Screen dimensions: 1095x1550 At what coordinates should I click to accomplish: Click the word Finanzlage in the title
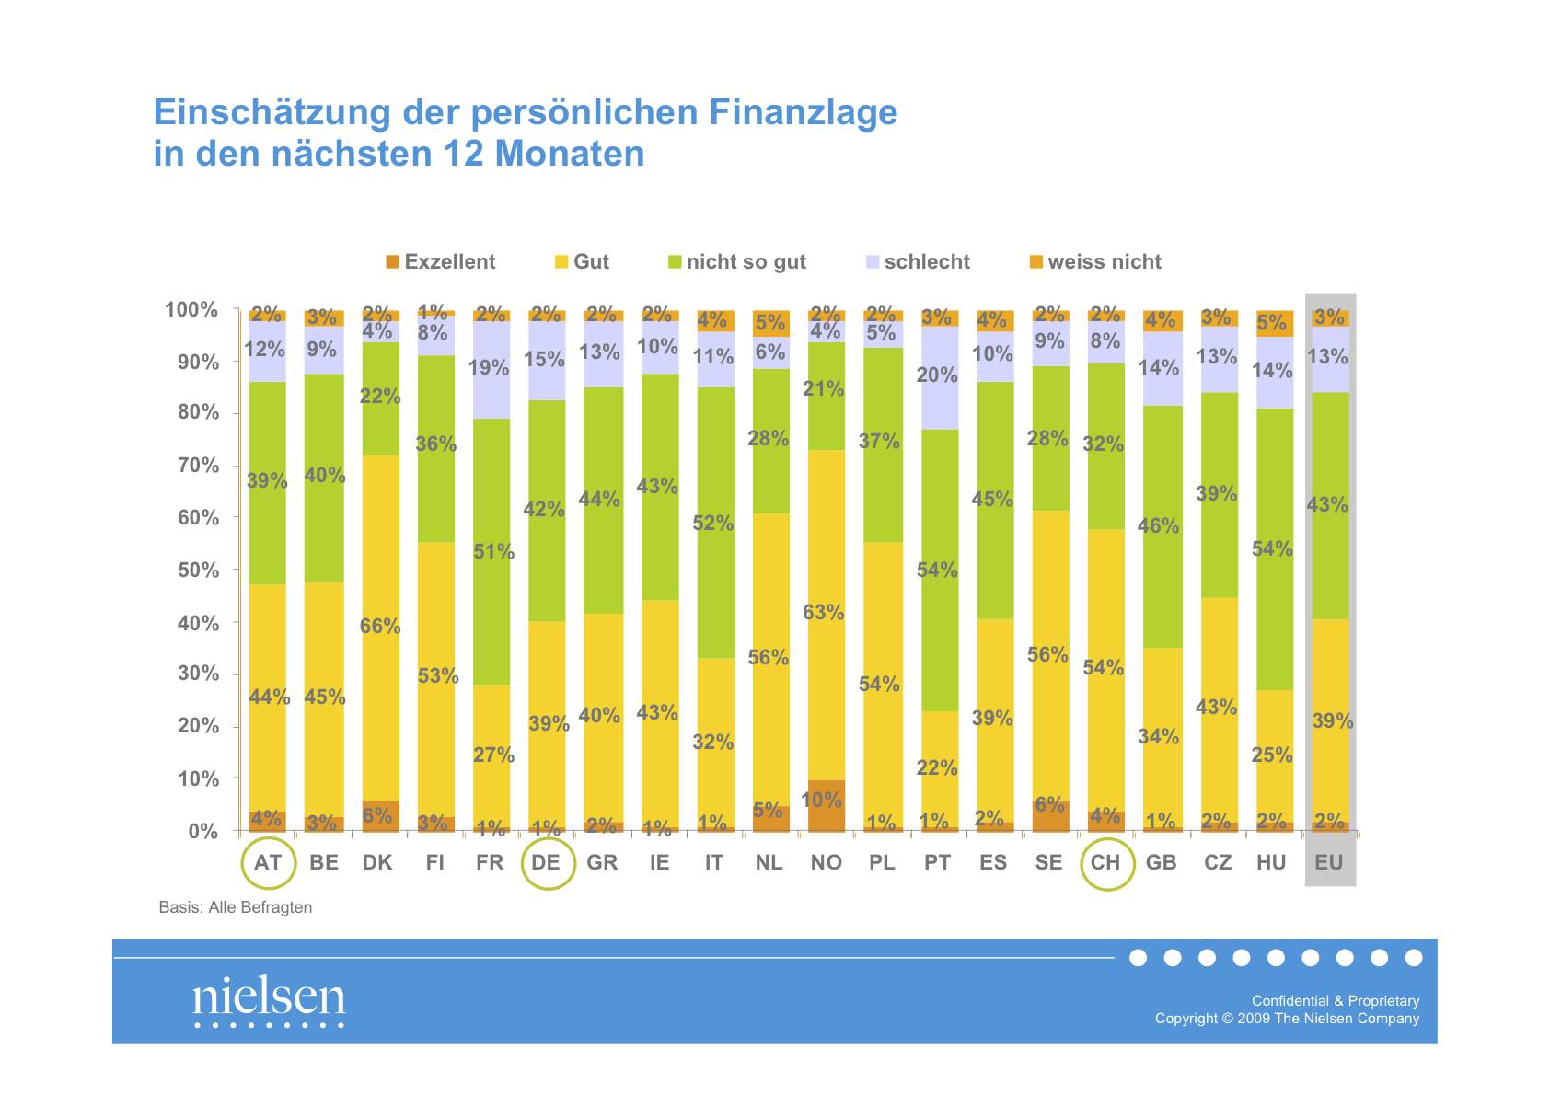803,112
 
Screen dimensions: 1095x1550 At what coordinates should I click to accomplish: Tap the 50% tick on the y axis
198,571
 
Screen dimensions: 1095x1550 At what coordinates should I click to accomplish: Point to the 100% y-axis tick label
191,310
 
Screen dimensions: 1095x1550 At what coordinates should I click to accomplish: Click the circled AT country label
268,863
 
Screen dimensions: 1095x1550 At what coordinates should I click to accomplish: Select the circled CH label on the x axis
1105,863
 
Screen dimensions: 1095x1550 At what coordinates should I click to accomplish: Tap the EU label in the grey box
1329,863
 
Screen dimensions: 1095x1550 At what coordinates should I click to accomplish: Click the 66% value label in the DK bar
380,627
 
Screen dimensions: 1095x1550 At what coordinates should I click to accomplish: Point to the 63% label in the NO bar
824,613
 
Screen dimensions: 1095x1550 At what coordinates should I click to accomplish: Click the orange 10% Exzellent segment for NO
826,806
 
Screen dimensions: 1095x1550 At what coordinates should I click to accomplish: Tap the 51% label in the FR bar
494,552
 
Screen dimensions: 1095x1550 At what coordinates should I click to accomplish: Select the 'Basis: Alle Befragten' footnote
236,907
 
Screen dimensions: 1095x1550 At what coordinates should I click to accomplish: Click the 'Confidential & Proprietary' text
1335,1001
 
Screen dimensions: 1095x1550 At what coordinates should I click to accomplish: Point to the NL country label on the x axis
769,863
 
